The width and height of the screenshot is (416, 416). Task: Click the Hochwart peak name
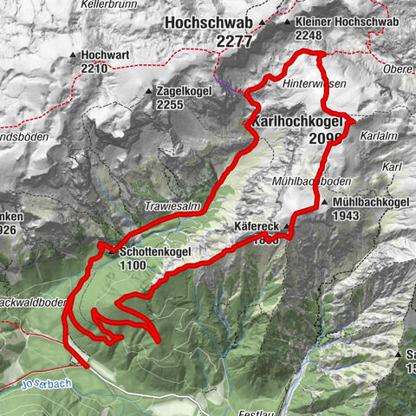101,54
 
